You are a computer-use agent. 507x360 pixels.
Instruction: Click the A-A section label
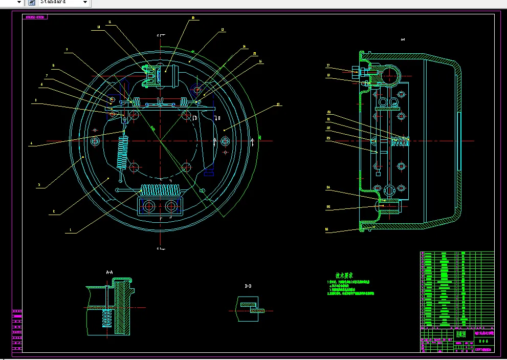coord(109,272)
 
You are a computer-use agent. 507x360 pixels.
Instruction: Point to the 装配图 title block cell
coord(461,334)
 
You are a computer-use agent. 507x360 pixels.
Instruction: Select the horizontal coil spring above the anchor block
coord(160,190)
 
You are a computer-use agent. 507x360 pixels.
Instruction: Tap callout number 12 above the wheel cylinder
coord(193,17)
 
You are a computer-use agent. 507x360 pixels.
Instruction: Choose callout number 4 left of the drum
coord(31,144)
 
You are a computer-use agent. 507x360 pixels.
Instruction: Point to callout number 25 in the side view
coord(327,207)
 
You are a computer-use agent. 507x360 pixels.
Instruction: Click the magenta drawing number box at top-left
coord(36,17)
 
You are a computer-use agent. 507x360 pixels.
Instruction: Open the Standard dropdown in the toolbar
coord(85,2)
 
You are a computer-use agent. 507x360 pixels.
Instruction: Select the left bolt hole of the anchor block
coord(149,206)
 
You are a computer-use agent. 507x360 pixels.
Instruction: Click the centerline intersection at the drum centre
coord(160,140)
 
